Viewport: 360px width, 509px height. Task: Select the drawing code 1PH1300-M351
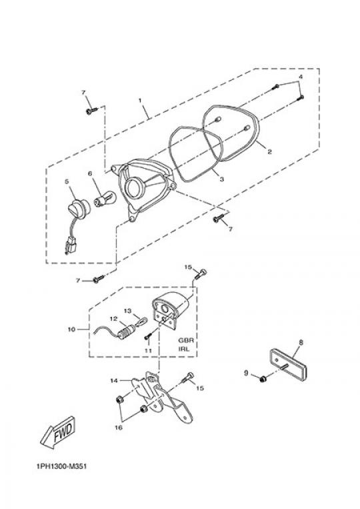point(61,467)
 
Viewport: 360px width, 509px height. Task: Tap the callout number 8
point(301,342)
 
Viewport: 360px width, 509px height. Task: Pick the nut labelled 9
point(263,378)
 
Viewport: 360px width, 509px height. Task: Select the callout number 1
point(140,100)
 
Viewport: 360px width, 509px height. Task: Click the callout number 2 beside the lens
point(269,151)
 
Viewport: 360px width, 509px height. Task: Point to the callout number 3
point(222,179)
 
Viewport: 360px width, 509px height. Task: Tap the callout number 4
point(301,77)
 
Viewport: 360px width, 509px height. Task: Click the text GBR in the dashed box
point(186,340)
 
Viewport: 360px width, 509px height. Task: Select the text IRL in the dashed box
point(184,350)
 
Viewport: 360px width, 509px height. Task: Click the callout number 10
point(71,329)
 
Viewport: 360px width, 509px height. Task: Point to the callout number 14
point(114,380)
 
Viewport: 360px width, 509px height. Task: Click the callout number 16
point(119,428)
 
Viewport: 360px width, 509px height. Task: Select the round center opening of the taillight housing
point(133,187)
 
